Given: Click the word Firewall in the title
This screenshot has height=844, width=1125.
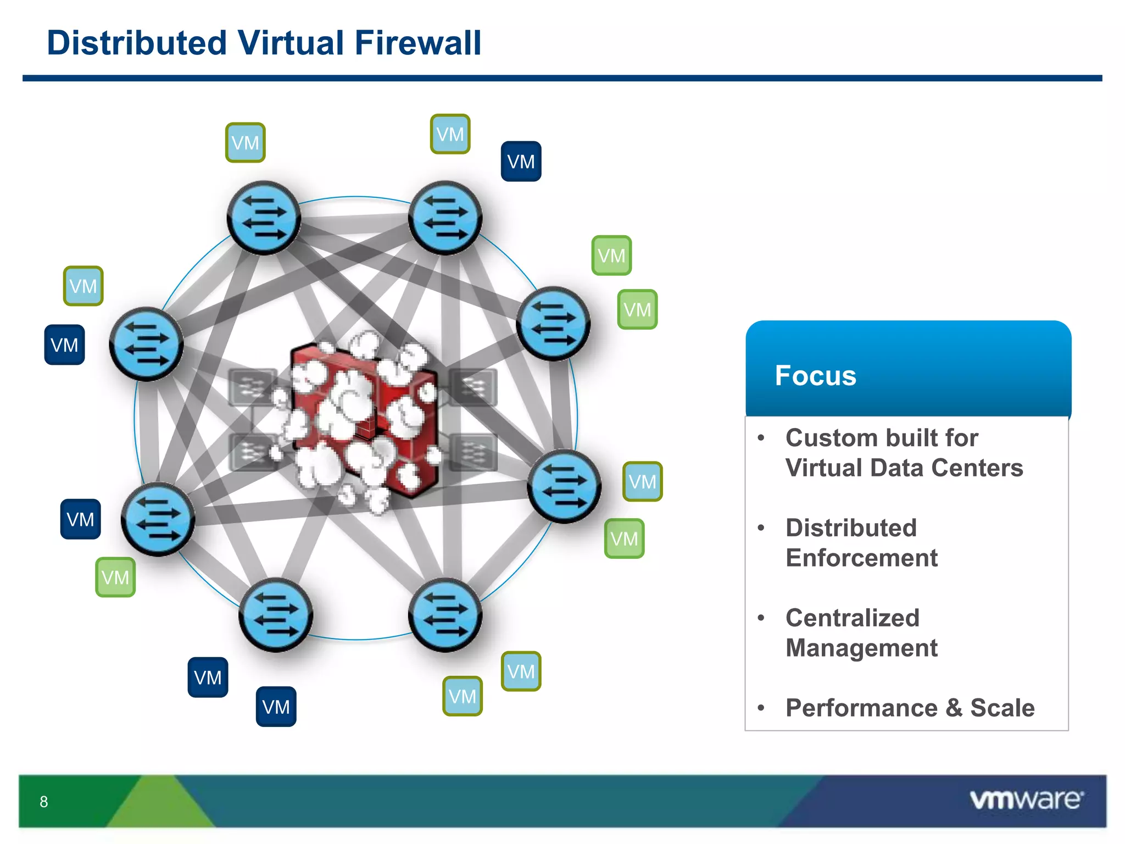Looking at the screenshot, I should pyautogui.click(x=417, y=43).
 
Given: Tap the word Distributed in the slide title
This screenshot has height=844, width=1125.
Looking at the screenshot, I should pyautogui.click(x=137, y=43).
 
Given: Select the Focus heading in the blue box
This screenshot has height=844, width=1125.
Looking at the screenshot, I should pyautogui.click(x=815, y=376).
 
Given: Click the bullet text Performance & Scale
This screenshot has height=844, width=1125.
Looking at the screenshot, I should pyautogui.click(x=910, y=708).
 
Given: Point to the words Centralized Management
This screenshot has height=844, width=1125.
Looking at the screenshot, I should pyautogui.click(x=861, y=633).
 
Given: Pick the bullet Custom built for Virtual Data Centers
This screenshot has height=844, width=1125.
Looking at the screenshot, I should pyautogui.click(x=904, y=453).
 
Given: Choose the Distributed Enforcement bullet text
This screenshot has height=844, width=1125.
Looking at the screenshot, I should pyautogui.click(x=861, y=543).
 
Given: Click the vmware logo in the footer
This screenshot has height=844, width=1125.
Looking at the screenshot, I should pyautogui.click(x=1026, y=799).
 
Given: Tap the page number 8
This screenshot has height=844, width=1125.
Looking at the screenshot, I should pyautogui.click(x=44, y=802).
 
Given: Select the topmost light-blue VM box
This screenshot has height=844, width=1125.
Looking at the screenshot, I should pyautogui.click(x=450, y=134).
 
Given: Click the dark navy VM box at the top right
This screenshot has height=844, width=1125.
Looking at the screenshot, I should pyautogui.click(x=521, y=162).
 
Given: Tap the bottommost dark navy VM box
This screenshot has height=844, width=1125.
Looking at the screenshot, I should pyautogui.click(x=276, y=707).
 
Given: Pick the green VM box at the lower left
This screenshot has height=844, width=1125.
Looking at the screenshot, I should pyautogui.click(x=115, y=577).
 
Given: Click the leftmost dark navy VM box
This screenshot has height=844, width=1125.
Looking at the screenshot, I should pyautogui.click(x=64, y=345).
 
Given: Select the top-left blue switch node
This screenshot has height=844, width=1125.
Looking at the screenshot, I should pyautogui.click(x=264, y=218).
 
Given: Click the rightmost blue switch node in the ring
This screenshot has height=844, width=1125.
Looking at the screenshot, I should pyautogui.click(x=564, y=486).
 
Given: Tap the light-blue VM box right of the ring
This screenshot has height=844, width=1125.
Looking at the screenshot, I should pyautogui.click(x=642, y=481).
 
